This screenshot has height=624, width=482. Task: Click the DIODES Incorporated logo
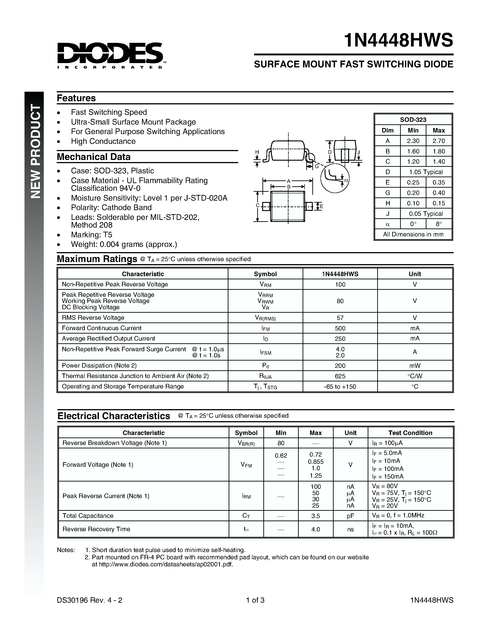[x=110, y=55]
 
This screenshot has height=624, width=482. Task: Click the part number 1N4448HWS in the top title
[x=398, y=40]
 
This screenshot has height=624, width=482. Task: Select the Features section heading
[x=76, y=98]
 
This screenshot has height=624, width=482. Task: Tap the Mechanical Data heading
[x=94, y=157]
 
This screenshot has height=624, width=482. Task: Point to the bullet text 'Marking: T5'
[x=92, y=235]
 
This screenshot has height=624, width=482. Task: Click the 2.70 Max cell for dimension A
[x=439, y=141]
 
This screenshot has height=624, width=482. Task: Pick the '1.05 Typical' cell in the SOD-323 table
[x=426, y=172]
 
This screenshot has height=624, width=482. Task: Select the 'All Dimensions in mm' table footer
[x=413, y=234]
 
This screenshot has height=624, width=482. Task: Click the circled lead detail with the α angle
[x=335, y=178]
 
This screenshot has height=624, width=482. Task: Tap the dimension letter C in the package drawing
[x=257, y=205]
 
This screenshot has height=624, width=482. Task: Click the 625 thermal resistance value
[x=340, y=376]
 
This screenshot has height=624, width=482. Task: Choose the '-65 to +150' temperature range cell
[x=340, y=387]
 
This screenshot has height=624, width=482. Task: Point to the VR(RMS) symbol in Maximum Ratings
[x=265, y=318]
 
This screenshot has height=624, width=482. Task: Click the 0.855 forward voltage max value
[x=316, y=462]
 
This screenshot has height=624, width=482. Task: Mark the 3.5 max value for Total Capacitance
[x=316, y=516]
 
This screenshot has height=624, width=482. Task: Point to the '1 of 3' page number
[x=255, y=600]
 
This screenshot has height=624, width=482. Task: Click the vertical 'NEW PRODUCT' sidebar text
[x=35, y=151]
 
